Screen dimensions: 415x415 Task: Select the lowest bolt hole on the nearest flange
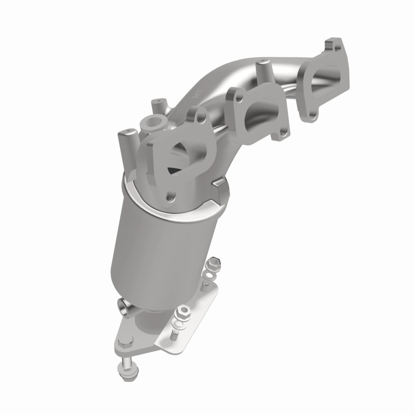170,196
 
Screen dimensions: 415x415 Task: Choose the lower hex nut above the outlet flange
183,313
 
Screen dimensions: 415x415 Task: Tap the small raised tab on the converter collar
222,182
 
